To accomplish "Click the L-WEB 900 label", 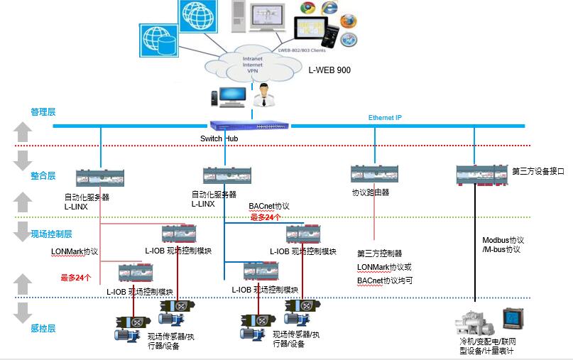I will (x=329, y=70).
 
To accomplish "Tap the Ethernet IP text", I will (x=386, y=117).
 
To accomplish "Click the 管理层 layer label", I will (x=43, y=111).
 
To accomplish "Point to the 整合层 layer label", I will (x=43, y=175).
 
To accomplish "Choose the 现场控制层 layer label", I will (x=51, y=234).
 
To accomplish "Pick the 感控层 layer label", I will (x=43, y=328).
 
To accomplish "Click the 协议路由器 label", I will (x=371, y=192).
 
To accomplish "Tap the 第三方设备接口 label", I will (x=537, y=171).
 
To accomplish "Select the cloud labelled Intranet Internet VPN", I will (x=253, y=65).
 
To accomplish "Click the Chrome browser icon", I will (x=307, y=9).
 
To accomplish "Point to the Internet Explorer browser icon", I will (x=329, y=8).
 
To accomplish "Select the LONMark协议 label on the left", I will (x=74, y=251).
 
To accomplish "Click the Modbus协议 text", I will (x=503, y=240).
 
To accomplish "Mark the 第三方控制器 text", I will (x=379, y=253).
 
